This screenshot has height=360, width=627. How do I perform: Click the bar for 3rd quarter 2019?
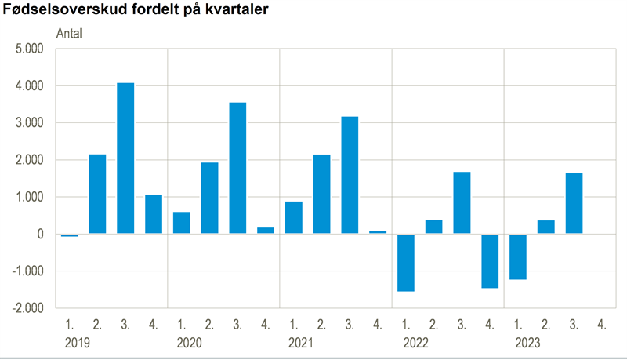click(125, 158)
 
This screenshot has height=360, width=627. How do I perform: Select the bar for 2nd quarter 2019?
click(97, 194)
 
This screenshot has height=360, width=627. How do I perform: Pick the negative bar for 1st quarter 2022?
click(405, 263)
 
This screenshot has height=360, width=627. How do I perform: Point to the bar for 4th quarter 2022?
click(490, 261)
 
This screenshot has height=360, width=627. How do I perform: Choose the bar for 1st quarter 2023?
click(517, 256)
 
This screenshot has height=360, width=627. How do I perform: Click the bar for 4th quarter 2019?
click(154, 214)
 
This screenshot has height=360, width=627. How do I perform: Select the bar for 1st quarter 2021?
click(294, 217)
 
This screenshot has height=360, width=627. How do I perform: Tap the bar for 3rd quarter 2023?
click(574, 203)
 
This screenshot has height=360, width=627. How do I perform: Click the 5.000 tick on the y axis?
click(30, 49)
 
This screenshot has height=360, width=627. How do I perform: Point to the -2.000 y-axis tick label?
click(29, 308)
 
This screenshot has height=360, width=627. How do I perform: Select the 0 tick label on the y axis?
click(40, 235)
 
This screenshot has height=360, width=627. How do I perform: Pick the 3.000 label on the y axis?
click(30, 123)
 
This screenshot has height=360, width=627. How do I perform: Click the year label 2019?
click(77, 343)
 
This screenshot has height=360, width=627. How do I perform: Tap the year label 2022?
click(417, 343)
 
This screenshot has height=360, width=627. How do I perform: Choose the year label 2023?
click(529, 343)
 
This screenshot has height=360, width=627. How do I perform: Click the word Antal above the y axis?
click(69, 34)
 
